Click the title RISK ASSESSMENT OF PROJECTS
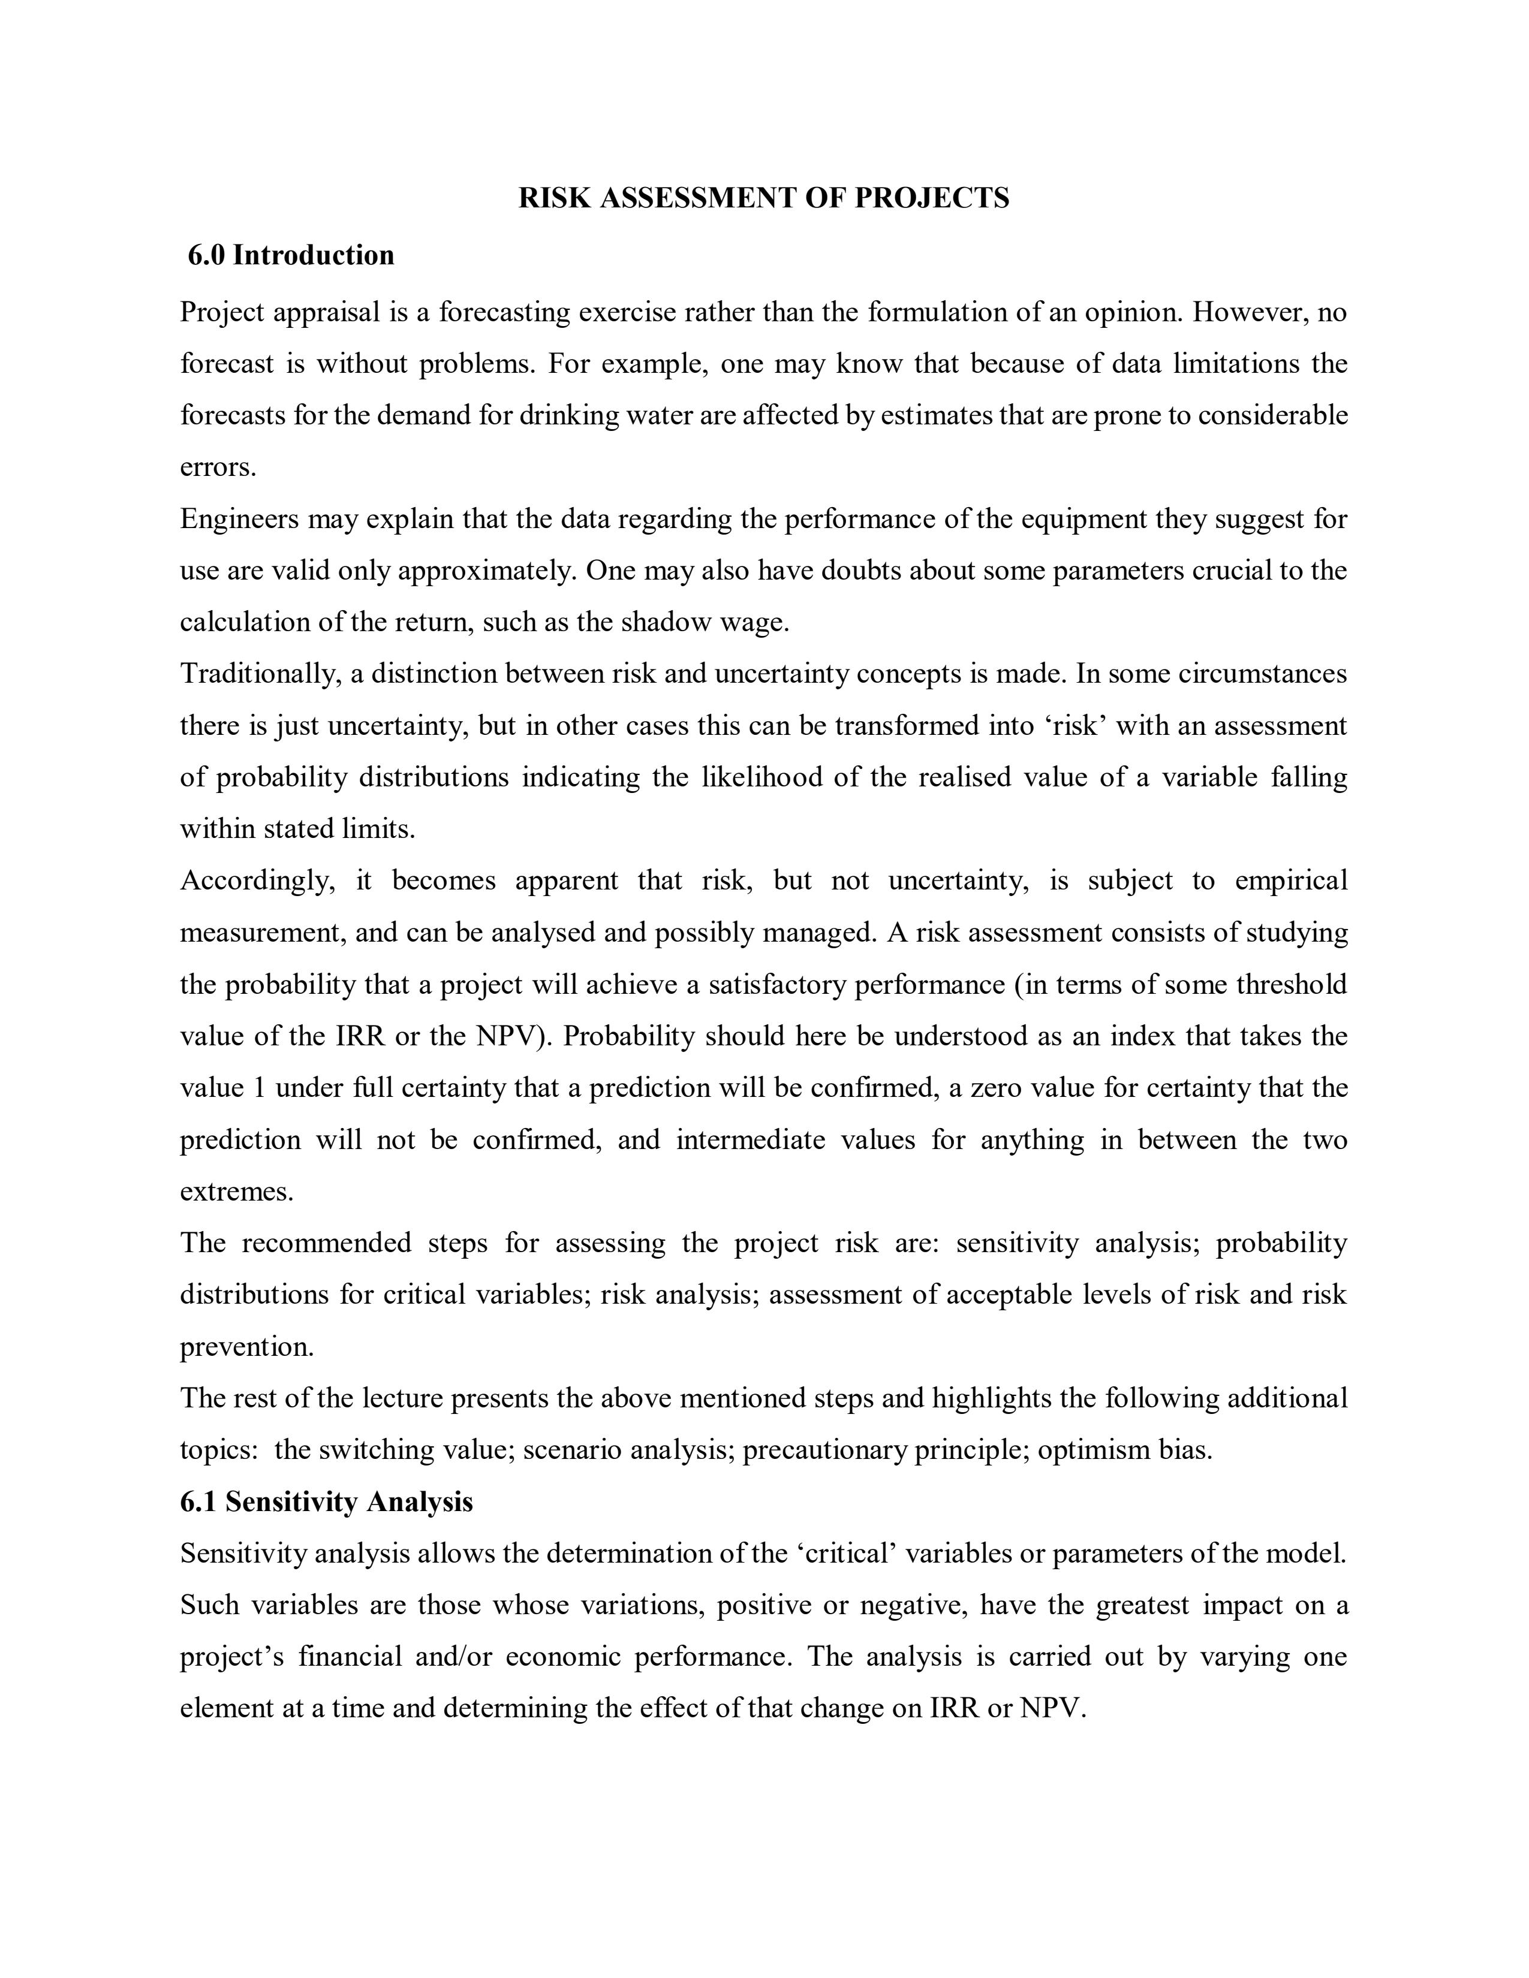pos(763,198)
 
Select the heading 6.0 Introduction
pos(291,255)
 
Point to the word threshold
pos(1291,984)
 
